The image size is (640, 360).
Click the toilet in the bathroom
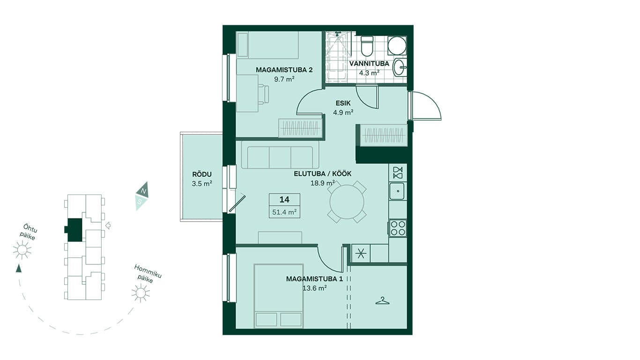367,46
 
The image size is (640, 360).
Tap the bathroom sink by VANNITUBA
399,67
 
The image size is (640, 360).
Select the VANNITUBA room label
369,63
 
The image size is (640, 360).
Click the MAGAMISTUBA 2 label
284,70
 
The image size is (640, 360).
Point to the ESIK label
343,103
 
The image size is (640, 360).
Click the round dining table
347,202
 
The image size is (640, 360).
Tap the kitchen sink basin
397,191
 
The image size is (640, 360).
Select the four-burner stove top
397,228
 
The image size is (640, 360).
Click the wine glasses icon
398,172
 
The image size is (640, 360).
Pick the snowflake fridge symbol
361,254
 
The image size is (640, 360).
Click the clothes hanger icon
383,301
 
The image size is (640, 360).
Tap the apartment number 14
284,200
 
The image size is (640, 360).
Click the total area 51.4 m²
284,212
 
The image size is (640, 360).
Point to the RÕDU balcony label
202,174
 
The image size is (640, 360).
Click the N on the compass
144,191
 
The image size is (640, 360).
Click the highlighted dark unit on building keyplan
74,230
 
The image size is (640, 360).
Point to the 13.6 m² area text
314,288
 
